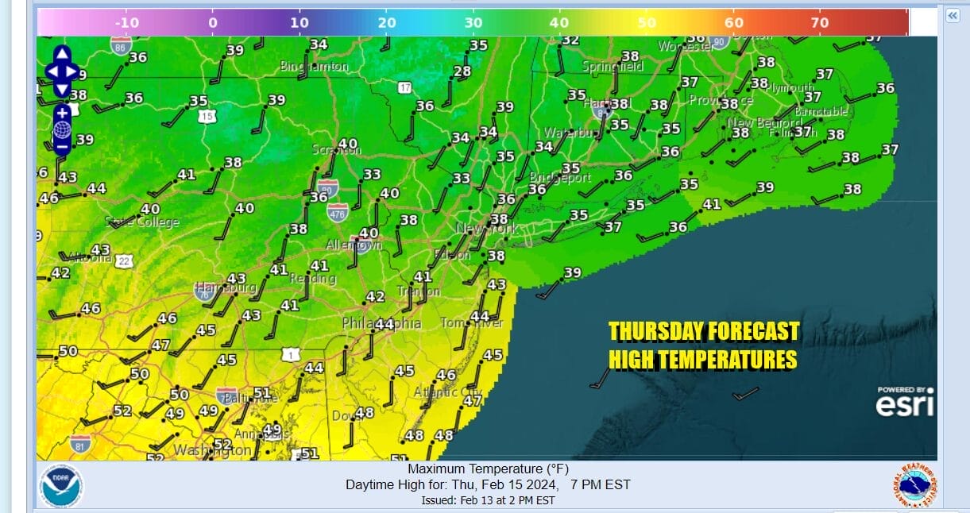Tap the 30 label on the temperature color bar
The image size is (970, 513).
tap(473, 22)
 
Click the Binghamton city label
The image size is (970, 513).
tap(314, 67)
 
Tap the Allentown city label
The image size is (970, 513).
tap(354, 245)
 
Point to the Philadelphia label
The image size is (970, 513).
tap(381, 323)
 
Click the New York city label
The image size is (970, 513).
tap(486, 229)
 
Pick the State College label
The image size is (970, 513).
tap(142, 222)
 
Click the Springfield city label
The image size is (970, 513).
tap(613, 67)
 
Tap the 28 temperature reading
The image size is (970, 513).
tap(462, 71)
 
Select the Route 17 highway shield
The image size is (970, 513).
tap(405, 87)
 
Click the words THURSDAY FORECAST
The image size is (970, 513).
tap(704, 331)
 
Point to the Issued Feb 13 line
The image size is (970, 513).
tap(488, 500)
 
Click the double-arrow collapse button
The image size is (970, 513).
tap(952, 16)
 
